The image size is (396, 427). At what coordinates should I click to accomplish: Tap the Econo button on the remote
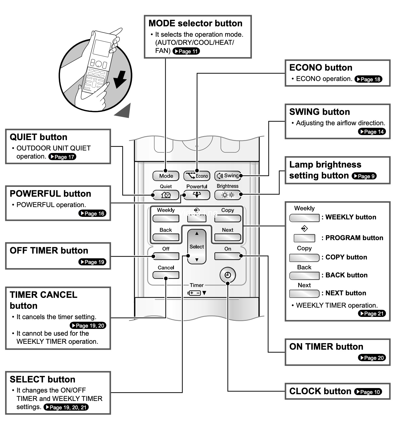point(197,176)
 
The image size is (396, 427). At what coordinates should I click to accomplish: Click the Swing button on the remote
point(228,176)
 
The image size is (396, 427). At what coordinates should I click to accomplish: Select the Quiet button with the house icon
point(166,195)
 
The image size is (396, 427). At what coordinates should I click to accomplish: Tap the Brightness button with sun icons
point(228,195)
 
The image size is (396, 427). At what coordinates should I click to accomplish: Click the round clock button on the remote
point(228,275)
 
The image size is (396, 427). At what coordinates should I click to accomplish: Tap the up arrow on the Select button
point(197,233)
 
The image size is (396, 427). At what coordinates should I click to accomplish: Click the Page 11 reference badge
point(186,51)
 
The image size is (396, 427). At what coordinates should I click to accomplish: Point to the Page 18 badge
point(368,79)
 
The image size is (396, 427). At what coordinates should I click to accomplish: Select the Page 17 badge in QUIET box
point(62,157)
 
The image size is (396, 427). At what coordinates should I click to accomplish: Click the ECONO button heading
point(321,68)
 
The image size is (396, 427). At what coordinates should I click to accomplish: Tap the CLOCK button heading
point(320,391)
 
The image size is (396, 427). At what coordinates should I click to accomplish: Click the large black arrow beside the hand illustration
point(120,80)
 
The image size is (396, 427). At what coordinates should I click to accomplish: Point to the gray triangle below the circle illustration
point(123,111)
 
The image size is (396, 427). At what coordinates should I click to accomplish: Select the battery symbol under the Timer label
point(194,293)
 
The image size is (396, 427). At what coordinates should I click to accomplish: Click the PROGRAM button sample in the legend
point(304,238)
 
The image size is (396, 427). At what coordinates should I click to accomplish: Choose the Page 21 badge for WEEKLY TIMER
point(372,314)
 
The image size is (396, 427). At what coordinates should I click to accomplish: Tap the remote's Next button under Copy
point(228,237)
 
